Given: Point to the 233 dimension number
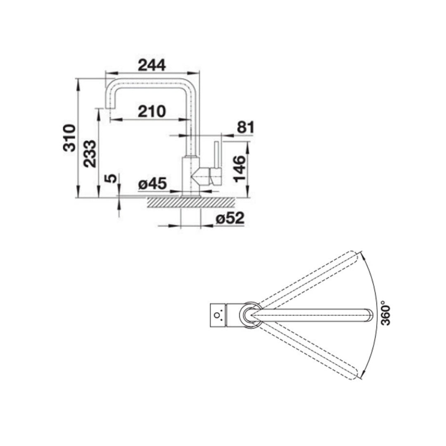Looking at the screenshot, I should (x=90, y=154).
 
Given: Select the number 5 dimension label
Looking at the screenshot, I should (x=109, y=179).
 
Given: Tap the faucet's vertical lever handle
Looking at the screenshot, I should (x=216, y=155).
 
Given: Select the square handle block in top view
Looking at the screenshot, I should (x=218, y=316).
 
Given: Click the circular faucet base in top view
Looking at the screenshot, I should (x=250, y=316).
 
